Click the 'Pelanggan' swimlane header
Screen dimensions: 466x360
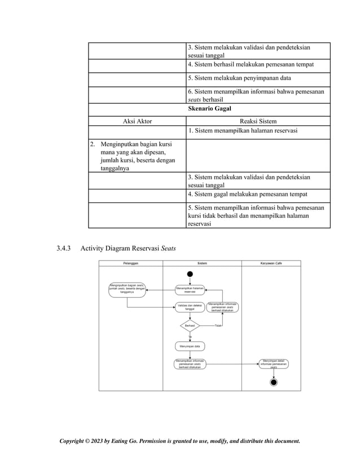[130, 263]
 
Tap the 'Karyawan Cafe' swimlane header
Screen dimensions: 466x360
[271, 263]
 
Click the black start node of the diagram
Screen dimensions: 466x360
[190, 275]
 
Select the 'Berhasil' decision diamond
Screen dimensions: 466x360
[190, 326]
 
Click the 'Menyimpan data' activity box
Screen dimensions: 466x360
[190, 346]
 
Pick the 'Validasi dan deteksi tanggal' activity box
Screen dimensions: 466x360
[190, 307]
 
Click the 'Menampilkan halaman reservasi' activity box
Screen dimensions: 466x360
[190, 289]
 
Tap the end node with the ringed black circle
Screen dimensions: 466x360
[274, 383]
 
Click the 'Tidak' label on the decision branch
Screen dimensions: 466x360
[218, 326]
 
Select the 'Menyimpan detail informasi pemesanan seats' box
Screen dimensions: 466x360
[274, 364]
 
